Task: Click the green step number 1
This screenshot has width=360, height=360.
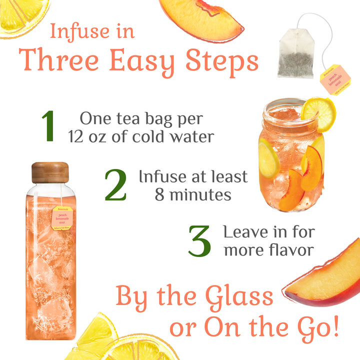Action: click(x=48, y=125)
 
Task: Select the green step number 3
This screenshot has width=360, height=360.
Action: click(x=199, y=241)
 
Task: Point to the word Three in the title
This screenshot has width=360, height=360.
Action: click(x=63, y=61)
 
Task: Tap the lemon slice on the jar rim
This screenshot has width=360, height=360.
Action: click(x=318, y=112)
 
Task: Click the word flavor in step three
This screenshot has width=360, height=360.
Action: click(x=291, y=249)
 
